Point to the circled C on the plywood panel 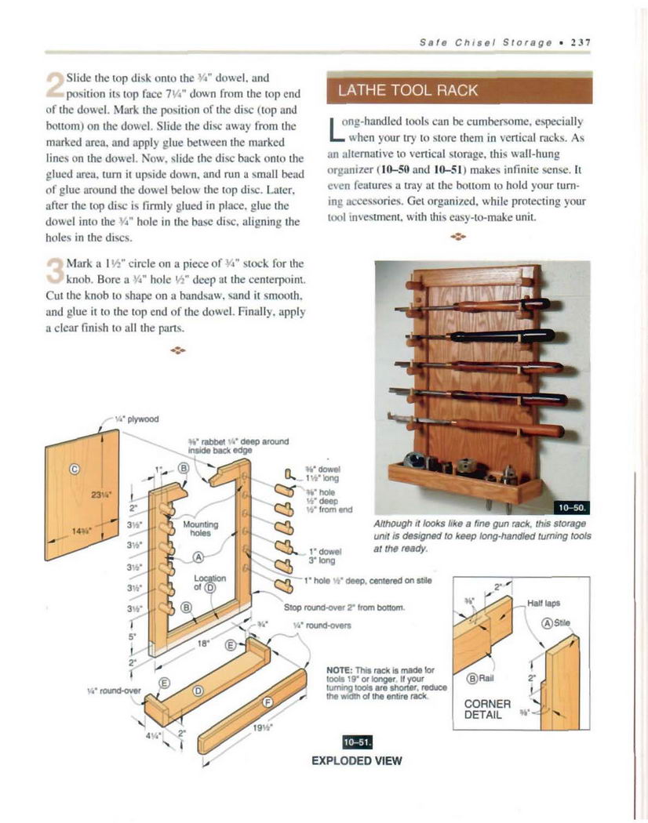coord(75,470)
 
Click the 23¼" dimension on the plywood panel coord(100,495)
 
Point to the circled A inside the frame coord(198,558)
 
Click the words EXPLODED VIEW coord(356,760)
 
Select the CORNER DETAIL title coord(488,709)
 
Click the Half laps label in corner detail coord(544,604)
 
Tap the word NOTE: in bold coord(340,672)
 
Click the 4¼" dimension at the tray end coord(157,736)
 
